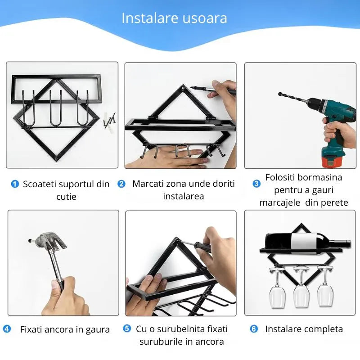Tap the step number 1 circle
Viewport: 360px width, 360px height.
point(15,184)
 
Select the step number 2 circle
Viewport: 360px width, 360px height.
point(121,184)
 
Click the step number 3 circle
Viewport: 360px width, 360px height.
point(256,184)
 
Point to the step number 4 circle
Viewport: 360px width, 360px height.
point(7,329)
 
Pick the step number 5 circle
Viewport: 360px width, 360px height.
point(127,329)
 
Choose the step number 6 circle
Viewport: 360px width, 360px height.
point(254,329)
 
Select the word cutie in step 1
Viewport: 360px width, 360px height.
point(66,197)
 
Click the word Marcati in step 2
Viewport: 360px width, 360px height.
point(148,184)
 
